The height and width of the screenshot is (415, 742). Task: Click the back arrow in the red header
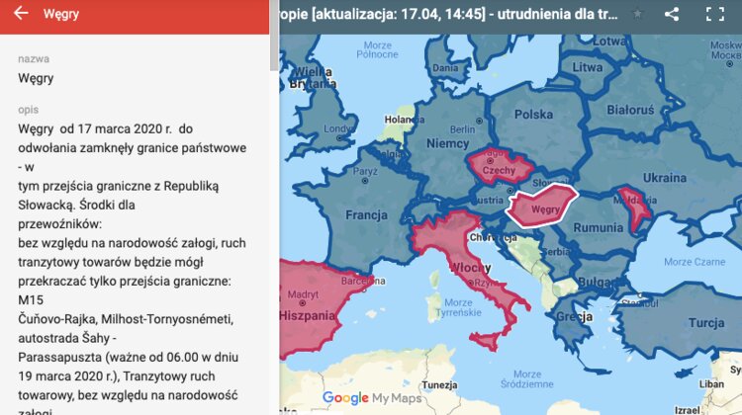(x=21, y=14)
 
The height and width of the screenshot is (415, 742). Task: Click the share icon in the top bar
(x=672, y=14)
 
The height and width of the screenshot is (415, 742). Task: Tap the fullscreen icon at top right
(x=714, y=14)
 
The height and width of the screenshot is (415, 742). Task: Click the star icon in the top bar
(x=638, y=14)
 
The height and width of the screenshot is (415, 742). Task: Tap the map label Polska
(x=533, y=114)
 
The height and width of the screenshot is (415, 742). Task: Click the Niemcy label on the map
(x=447, y=143)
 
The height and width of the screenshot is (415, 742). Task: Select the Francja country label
(x=366, y=214)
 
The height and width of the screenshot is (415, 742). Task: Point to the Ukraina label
(x=664, y=178)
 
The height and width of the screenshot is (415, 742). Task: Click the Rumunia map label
(x=600, y=227)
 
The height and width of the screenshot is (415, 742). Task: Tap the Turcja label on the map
(x=706, y=323)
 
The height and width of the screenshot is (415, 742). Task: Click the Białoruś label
(x=629, y=110)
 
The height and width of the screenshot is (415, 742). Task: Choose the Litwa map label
(x=588, y=67)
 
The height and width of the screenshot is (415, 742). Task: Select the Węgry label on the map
(x=546, y=210)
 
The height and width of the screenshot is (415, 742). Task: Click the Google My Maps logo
(x=371, y=398)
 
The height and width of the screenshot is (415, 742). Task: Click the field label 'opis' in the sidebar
(x=29, y=109)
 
